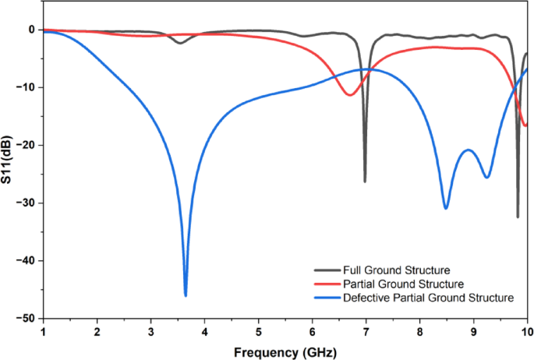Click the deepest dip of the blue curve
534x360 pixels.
coord(186,295)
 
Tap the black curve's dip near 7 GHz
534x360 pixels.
coord(365,181)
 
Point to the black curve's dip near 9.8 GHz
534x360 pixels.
coord(518,216)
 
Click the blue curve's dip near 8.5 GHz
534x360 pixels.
coord(446,208)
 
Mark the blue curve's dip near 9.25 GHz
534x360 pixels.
coord(487,177)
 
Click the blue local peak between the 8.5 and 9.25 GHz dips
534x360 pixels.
coord(468,150)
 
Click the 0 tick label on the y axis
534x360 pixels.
coord(31,30)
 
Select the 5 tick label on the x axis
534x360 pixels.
coord(258,331)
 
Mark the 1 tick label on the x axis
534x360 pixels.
coord(43,331)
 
